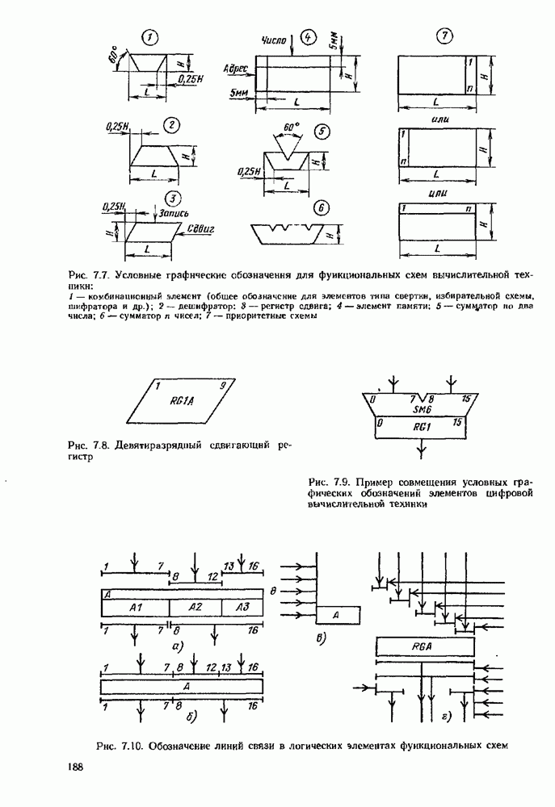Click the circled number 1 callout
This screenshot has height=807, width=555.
click(150, 37)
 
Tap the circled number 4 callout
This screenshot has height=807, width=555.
click(308, 37)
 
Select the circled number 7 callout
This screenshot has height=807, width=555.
click(443, 36)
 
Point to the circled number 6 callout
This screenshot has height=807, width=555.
click(321, 208)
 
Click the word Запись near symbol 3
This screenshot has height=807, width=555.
click(174, 213)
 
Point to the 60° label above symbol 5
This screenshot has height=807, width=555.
click(291, 128)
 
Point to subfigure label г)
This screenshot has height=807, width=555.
click(446, 715)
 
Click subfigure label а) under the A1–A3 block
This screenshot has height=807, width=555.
click(176, 646)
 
